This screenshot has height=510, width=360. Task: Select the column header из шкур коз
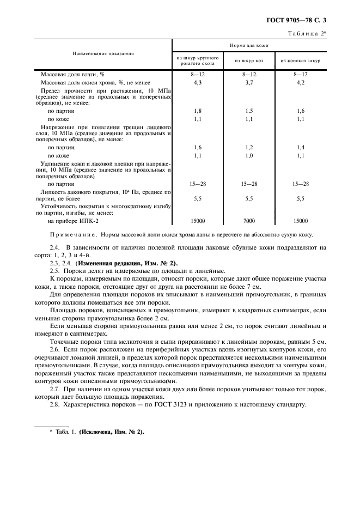(x=249, y=60)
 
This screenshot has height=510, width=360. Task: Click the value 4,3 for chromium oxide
(x=198, y=82)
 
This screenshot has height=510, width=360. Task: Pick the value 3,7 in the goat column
(x=249, y=82)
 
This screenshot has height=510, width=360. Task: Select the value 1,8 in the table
(x=198, y=111)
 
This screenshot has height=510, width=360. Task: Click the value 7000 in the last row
(x=249, y=221)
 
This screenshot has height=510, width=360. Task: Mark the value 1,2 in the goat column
(x=249, y=147)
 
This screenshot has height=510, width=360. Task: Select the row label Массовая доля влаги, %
(x=73, y=74)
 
